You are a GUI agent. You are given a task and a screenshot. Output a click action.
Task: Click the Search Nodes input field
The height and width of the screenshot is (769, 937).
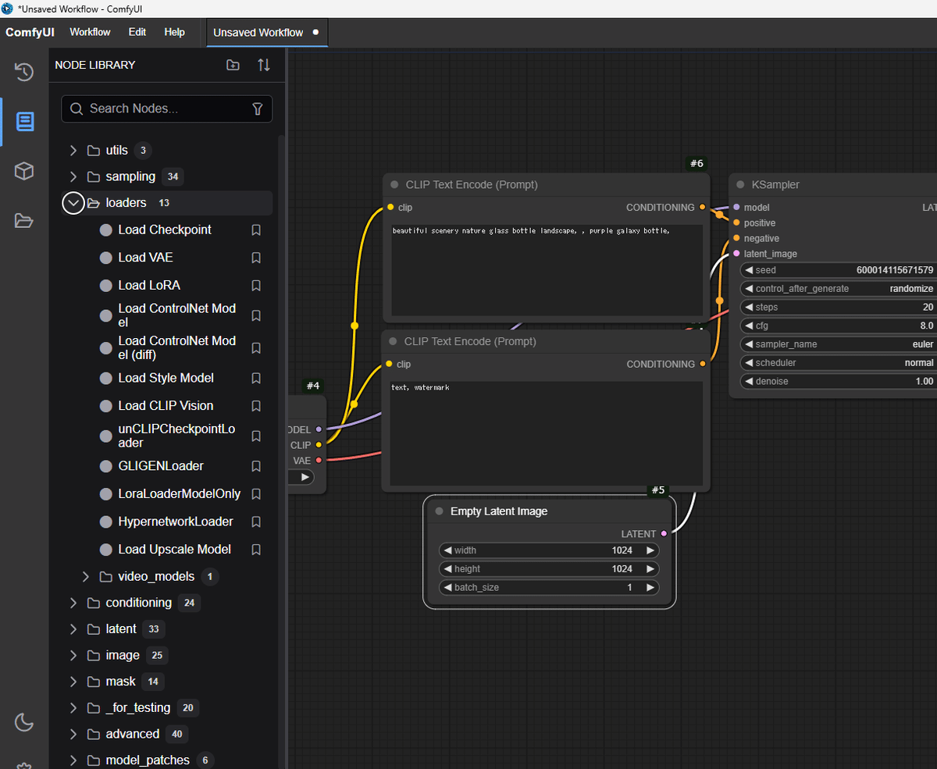(x=166, y=109)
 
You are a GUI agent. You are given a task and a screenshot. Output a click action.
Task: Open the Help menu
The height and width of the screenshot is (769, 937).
(x=174, y=33)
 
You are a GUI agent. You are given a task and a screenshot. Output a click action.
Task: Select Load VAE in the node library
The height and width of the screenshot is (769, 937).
(x=145, y=258)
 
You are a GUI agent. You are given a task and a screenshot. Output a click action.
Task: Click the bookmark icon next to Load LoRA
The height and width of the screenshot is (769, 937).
(x=256, y=285)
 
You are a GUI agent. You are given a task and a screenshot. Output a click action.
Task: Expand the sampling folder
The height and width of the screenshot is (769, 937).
(x=73, y=176)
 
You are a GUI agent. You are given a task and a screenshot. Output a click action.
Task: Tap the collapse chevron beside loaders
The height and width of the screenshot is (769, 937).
(x=73, y=203)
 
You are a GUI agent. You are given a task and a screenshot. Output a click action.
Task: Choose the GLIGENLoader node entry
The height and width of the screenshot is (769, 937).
(x=161, y=466)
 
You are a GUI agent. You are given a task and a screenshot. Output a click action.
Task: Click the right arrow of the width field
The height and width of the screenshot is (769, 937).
(x=650, y=550)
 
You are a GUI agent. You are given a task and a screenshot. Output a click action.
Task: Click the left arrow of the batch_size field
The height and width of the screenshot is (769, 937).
(x=448, y=587)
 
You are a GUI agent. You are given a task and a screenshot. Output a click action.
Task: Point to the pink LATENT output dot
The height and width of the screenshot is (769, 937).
(x=664, y=533)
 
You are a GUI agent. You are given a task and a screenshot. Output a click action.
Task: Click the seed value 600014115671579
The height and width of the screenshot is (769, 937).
(x=894, y=270)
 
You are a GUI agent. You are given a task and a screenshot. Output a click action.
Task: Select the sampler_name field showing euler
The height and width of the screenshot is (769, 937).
(x=839, y=344)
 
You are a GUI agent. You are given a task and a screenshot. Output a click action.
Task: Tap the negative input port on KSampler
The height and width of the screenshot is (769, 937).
(x=736, y=238)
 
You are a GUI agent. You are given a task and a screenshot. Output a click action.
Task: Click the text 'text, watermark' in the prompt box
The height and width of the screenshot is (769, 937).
(x=420, y=387)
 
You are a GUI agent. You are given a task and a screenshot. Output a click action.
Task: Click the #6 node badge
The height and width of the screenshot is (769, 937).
(x=697, y=163)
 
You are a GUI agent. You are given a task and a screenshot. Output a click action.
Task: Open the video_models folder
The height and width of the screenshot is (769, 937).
(x=156, y=577)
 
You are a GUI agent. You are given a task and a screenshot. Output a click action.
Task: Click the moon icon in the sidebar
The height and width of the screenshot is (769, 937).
(x=24, y=722)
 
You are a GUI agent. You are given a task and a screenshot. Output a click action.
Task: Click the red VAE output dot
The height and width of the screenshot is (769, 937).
(x=319, y=461)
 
